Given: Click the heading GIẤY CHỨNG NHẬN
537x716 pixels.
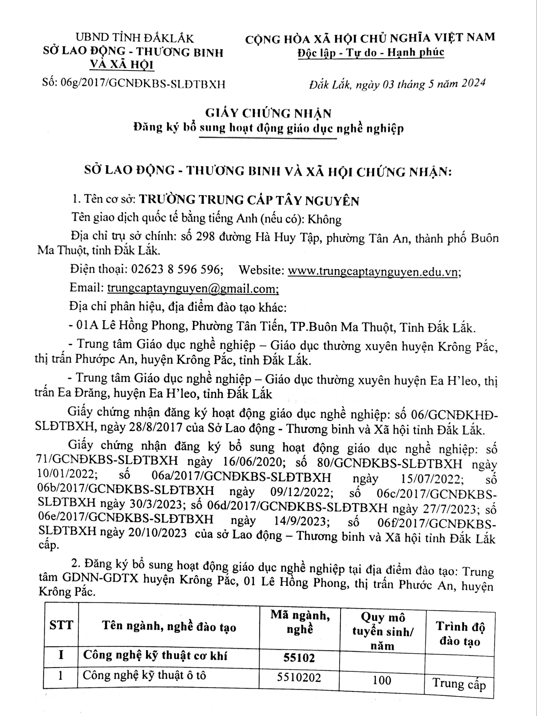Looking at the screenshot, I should (x=268, y=113).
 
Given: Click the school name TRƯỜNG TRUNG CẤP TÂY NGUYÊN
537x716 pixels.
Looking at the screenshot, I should (x=249, y=201).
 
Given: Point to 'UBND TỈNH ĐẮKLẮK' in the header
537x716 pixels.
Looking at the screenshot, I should (x=135, y=38).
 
